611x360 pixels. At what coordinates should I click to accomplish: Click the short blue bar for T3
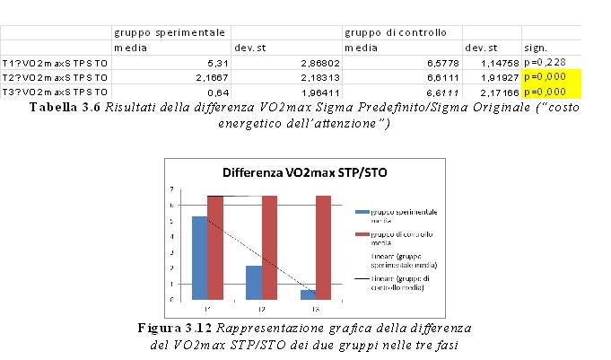[308, 294]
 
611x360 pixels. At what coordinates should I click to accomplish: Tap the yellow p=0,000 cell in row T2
[551, 76]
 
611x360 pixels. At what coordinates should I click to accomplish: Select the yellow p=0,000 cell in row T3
[551, 92]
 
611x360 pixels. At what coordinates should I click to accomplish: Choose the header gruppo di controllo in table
[395, 32]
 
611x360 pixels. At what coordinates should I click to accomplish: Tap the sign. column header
[537, 47]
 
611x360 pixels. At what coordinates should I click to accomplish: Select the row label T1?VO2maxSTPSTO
[54, 62]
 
